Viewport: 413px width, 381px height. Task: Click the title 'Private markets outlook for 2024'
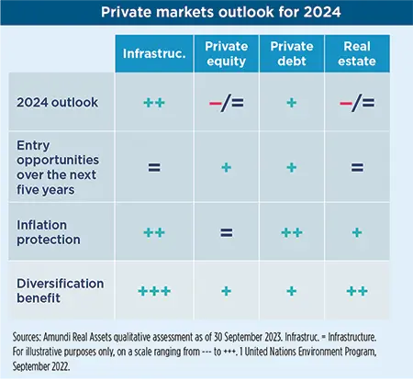pyautogui.click(x=206, y=15)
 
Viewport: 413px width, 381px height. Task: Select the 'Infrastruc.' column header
pyautogui.click(x=154, y=53)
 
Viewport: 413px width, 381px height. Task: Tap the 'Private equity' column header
pyautogui.click(x=226, y=53)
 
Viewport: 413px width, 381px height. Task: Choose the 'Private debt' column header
pyautogui.click(x=291, y=53)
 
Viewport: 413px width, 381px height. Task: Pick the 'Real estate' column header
pyautogui.click(x=357, y=53)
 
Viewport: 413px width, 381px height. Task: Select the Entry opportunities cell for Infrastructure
pyautogui.click(x=154, y=168)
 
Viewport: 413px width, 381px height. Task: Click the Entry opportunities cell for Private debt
pyautogui.click(x=291, y=168)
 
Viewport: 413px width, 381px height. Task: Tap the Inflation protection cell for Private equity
pyautogui.click(x=226, y=232)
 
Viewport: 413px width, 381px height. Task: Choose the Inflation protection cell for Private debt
pyautogui.click(x=291, y=232)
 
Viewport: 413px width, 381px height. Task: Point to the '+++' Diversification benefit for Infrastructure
pyautogui.click(x=154, y=290)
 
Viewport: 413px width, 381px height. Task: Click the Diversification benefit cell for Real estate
pyautogui.click(x=357, y=290)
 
